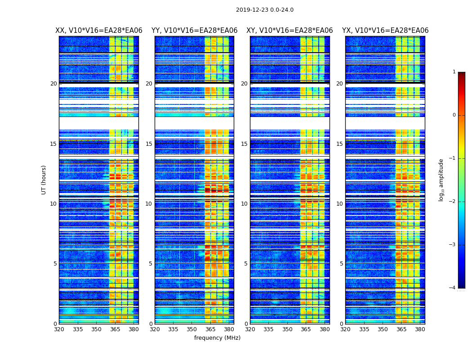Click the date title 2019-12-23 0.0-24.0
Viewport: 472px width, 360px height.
(265, 10)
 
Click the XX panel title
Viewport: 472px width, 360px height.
(99, 31)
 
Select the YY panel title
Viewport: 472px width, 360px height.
(194, 31)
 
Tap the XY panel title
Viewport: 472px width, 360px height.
(289, 31)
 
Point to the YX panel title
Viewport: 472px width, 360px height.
(385, 31)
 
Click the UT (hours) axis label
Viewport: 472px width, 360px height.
(44, 180)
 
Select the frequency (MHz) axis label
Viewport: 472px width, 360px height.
(217, 338)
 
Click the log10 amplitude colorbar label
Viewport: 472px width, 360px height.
(441, 180)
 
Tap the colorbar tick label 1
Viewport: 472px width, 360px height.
(454, 72)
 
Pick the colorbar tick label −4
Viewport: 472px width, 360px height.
(453, 288)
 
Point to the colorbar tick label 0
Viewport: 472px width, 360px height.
(454, 115)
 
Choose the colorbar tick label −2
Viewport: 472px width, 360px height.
(453, 202)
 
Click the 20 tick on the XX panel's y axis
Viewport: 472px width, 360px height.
(53, 84)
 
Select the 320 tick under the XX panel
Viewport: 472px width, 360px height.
(59, 329)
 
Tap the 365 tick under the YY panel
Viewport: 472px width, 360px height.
(210, 329)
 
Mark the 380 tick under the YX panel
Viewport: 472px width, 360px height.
(420, 329)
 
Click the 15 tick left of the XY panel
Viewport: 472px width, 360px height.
(244, 144)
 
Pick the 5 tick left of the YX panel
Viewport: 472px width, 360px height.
(341, 264)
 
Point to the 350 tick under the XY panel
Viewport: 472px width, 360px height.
(287, 329)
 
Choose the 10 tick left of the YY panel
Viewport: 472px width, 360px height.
(149, 204)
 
